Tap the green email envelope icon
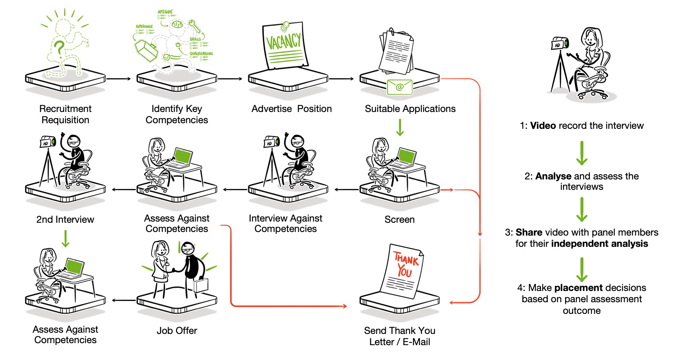399,87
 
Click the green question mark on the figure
59,49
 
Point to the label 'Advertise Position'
292,109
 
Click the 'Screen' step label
399,220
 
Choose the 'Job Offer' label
177,331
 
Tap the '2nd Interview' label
65,220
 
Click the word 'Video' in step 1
543,126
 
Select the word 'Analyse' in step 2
553,176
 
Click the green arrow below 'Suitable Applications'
400,127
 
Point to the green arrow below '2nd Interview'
66,238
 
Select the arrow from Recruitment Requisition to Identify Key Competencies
119,79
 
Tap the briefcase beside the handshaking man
201,285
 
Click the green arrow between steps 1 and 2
582,153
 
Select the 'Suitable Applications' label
410,109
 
